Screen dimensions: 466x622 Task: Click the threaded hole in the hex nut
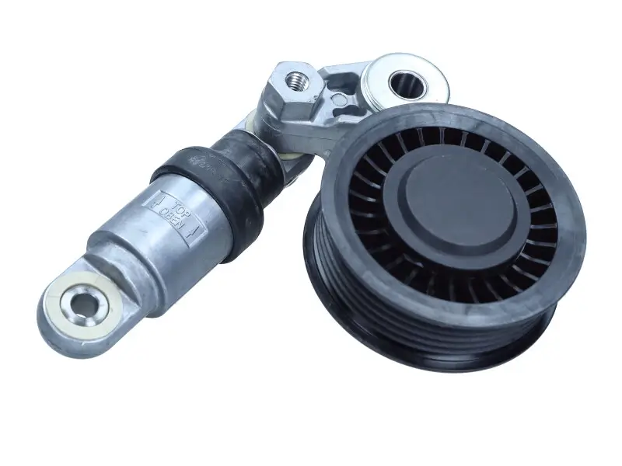(x=295, y=78)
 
